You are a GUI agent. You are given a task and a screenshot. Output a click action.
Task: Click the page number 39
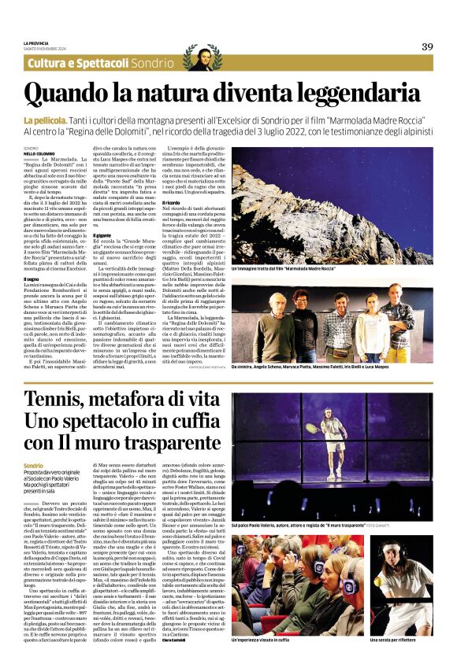(x=426, y=46)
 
